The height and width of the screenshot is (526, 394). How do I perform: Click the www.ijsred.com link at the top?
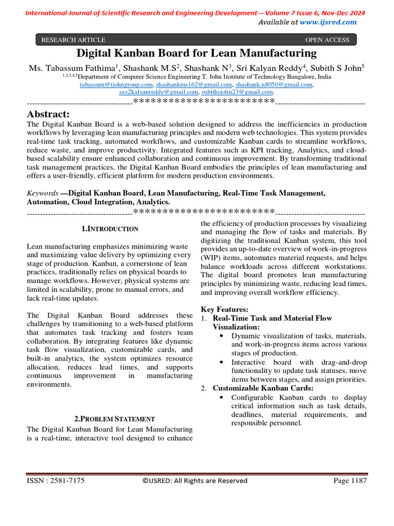coord(328,22)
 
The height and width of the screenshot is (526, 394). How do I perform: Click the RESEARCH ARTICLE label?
coord(73,40)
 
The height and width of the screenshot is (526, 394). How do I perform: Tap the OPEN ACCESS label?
coord(327,40)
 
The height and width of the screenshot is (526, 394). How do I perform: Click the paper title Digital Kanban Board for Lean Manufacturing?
coord(196,53)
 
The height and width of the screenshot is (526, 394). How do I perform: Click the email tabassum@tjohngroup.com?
coord(116,84)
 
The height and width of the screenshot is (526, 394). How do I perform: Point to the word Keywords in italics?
coord(43,193)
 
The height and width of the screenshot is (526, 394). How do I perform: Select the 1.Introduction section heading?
coord(110,229)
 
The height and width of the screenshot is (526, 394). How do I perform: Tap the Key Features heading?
coord(225,309)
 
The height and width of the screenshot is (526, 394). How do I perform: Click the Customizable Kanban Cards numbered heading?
coord(263,388)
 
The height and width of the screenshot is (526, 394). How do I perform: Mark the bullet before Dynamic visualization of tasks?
coord(221,336)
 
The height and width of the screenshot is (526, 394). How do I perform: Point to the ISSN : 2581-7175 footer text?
coord(56,481)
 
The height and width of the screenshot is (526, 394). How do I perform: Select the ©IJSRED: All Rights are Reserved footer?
coord(194,481)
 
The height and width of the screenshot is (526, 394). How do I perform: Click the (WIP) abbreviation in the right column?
coord(211,258)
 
